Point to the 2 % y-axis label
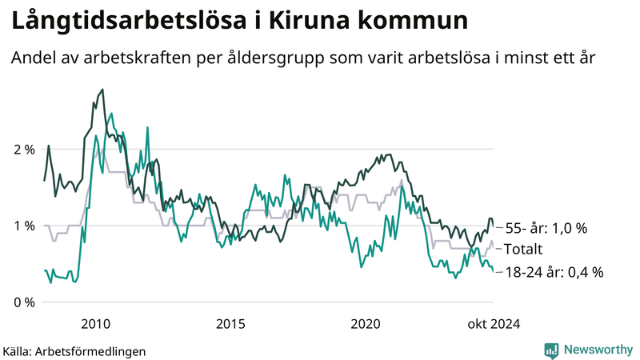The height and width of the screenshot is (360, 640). (23, 150)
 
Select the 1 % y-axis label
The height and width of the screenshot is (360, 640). (23, 226)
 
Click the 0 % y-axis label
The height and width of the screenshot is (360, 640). (23, 302)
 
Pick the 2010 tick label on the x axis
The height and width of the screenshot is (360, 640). (96, 324)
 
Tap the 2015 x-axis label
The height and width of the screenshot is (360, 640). (230, 324)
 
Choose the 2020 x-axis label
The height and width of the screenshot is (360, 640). (366, 324)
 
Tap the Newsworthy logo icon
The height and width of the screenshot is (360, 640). (551, 350)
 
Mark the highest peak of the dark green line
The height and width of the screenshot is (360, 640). (102, 90)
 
